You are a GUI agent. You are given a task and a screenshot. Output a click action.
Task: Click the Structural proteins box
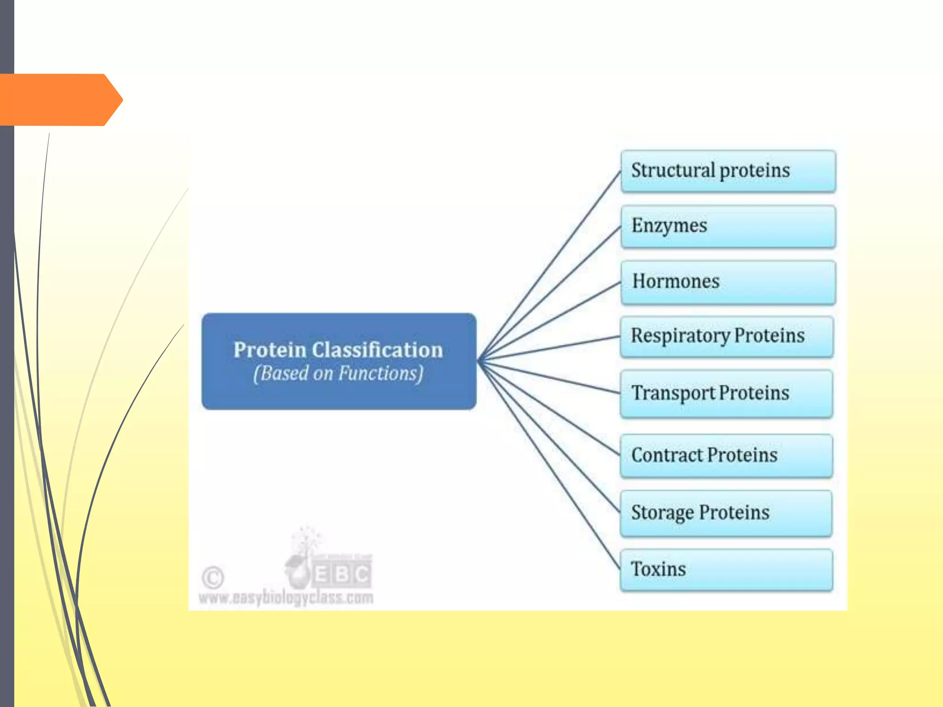click(x=728, y=171)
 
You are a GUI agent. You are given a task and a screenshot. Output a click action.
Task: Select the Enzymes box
click(x=728, y=226)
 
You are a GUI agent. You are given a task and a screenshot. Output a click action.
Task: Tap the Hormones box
click(x=728, y=282)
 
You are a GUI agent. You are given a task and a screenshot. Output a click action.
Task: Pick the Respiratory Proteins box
click(x=727, y=336)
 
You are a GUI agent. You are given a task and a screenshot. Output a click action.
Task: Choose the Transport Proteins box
click(x=727, y=394)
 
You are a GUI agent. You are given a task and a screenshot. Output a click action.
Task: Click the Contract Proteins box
click(x=727, y=456)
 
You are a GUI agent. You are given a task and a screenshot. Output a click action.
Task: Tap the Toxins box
click(x=727, y=569)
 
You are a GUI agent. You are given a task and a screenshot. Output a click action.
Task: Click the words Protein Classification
click(x=338, y=350)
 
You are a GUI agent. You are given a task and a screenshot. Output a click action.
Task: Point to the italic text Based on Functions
click(x=338, y=373)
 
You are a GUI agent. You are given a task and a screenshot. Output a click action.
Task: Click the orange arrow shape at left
click(x=60, y=99)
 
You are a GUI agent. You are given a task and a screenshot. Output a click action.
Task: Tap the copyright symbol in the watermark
click(x=213, y=577)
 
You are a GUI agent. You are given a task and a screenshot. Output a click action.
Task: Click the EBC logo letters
click(x=342, y=574)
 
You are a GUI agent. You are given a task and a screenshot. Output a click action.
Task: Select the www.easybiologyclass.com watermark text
click(x=286, y=597)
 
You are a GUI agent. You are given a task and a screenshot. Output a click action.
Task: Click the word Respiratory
click(x=680, y=336)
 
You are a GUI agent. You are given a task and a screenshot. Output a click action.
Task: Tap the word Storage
click(x=662, y=513)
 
